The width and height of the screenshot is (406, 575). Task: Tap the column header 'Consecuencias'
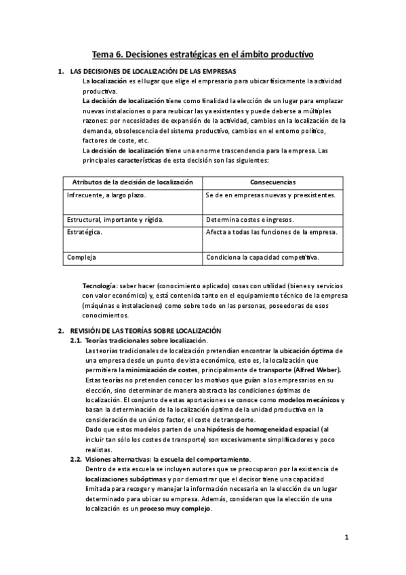pyautogui.click(x=272, y=182)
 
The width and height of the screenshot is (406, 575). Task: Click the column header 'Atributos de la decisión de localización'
pyautogui.click(x=133, y=182)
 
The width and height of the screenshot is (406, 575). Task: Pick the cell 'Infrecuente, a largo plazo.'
pyautogui.click(x=106, y=195)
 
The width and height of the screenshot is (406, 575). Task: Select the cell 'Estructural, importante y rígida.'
pyautogui.click(x=115, y=220)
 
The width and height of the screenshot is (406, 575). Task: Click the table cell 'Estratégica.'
pyautogui.click(x=85, y=233)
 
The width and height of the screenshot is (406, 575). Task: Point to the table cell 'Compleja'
pyautogui.click(x=81, y=257)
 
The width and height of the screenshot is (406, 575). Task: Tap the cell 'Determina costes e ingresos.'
pyautogui.click(x=249, y=220)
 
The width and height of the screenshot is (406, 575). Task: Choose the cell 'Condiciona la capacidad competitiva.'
pyautogui.click(x=262, y=257)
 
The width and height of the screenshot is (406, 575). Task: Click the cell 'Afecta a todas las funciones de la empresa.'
pyautogui.click(x=272, y=233)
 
